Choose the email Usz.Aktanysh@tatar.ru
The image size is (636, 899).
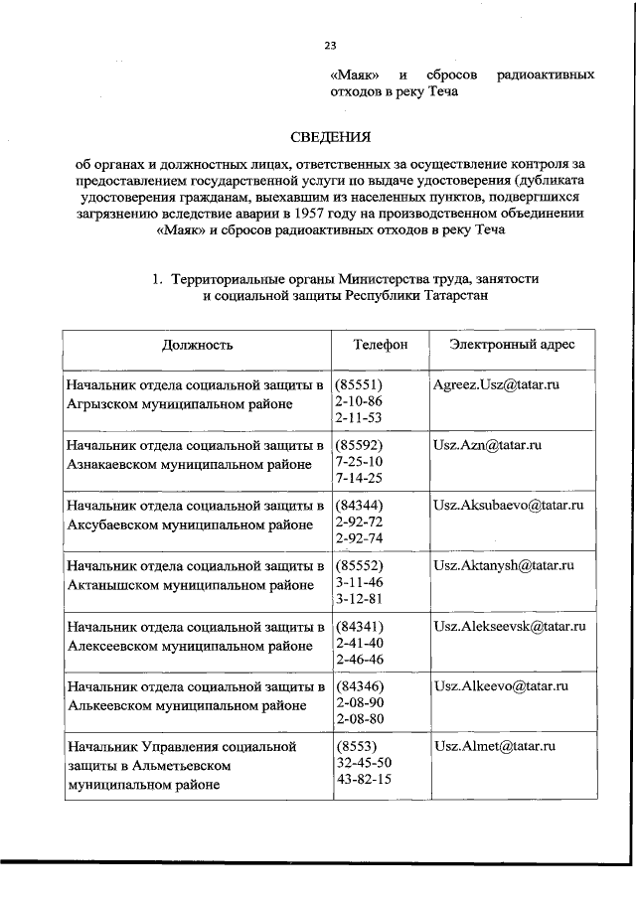(x=504, y=565)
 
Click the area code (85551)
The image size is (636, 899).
(x=360, y=384)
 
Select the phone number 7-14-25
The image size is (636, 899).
(x=359, y=478)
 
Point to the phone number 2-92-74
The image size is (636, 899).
(x=359, y=538)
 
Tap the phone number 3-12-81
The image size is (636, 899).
(x=359, y=598)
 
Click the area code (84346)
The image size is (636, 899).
(x=360, y=686)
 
